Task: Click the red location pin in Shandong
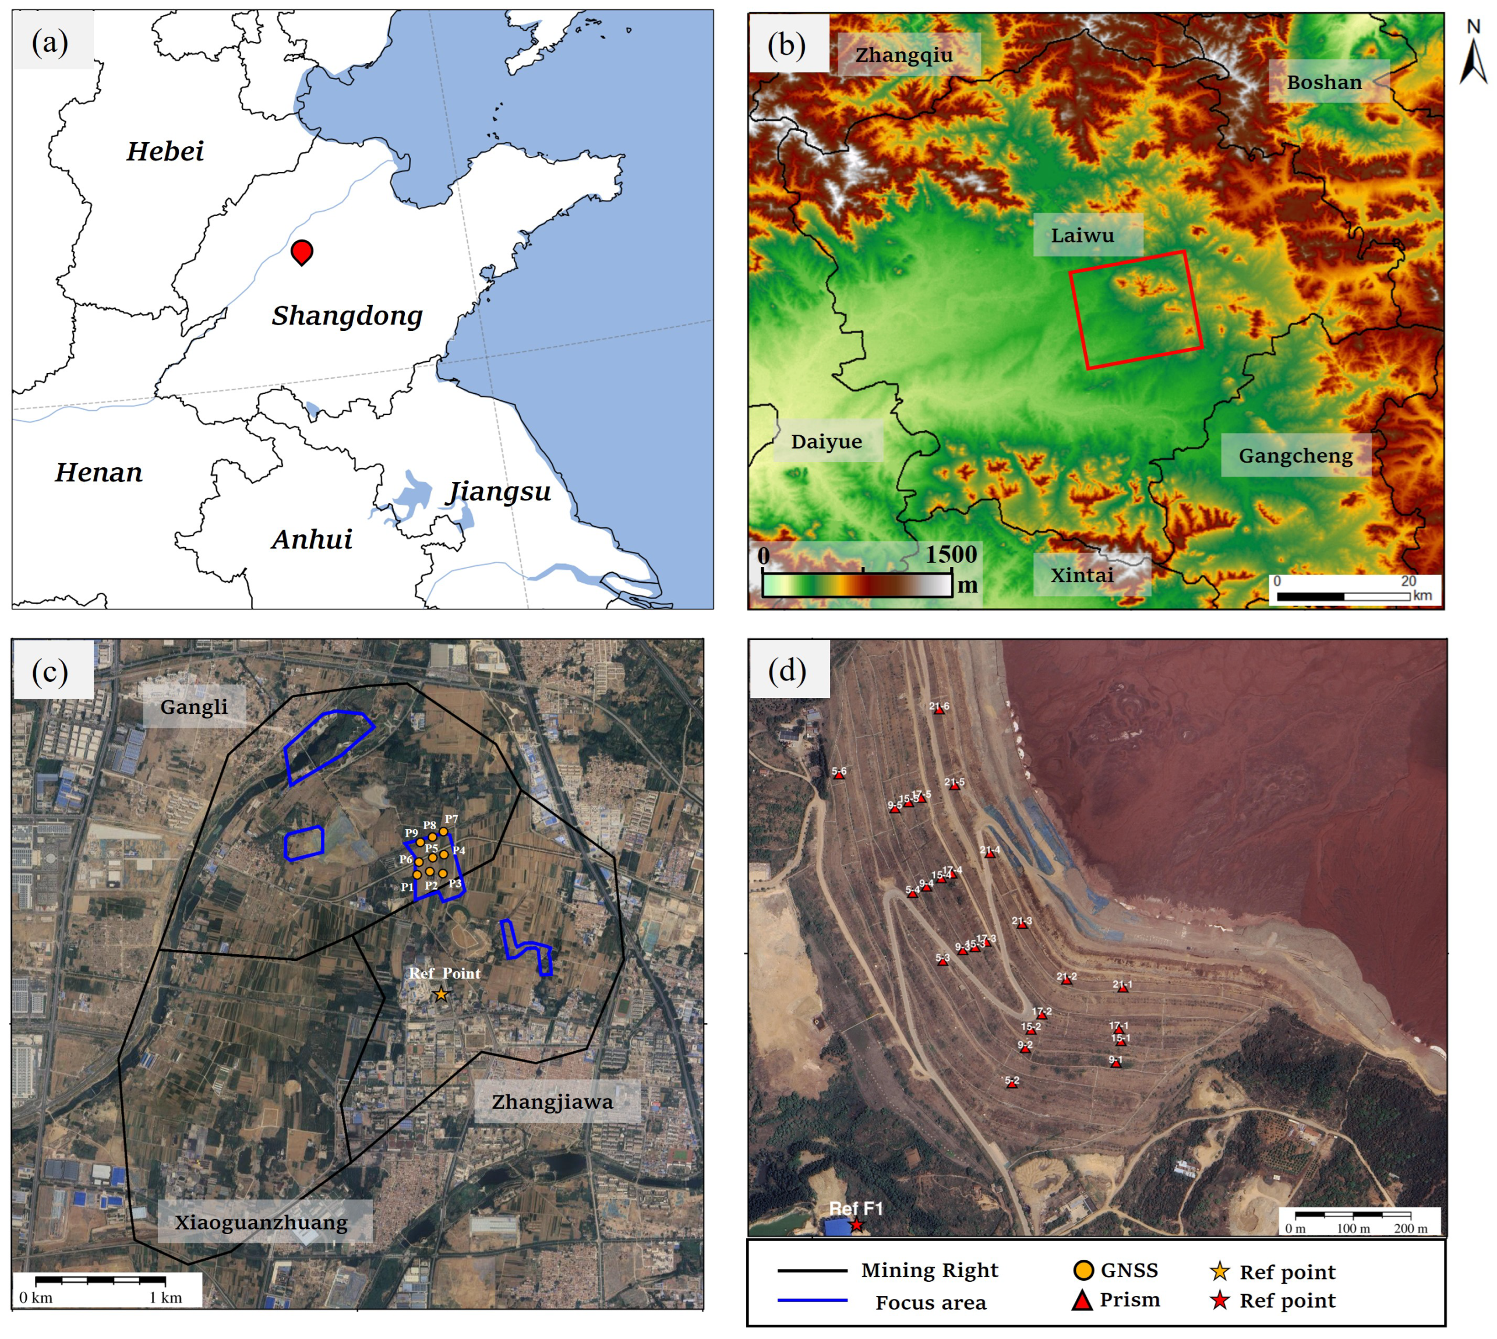[302, 251]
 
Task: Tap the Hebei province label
[165, 151]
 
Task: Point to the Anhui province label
[312, 540]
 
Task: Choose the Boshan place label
[1323, 82]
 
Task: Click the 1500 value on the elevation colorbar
[951, 554]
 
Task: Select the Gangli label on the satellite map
[194, 707]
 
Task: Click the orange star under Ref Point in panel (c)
[440, 995]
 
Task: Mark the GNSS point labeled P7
[444, 832]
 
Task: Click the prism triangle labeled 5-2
[1011, 1084]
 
